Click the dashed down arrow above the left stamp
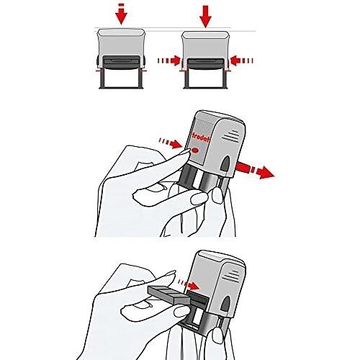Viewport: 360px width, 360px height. coord(121,14)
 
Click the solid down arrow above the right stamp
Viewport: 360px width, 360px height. coord(205,17)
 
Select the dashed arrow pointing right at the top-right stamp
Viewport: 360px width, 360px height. coord(168,60)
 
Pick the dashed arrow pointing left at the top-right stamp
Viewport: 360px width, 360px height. coord(242,60)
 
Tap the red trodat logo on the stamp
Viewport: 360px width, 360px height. coord(200,138)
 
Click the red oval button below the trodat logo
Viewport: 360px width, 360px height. coord(195,150)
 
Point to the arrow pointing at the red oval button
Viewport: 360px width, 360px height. coord(170,143)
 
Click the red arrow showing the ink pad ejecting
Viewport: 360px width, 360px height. coord(255,169)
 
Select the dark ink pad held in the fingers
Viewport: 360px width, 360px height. coord(169,295)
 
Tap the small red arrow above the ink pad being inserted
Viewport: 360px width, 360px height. coord(189,284)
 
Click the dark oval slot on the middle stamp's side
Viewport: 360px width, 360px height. coord(225,163)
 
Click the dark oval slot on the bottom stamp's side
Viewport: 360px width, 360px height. coord(225,304)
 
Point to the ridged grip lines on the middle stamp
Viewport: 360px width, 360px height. coord(231,136)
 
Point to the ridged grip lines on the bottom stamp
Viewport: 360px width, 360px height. coord(232,276)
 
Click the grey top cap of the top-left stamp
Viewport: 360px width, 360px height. coord(121,33)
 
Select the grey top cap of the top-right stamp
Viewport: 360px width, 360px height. coord(205,35)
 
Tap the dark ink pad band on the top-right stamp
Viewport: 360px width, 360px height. coord(205,64)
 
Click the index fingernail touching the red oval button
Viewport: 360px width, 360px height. coord(185,152)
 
